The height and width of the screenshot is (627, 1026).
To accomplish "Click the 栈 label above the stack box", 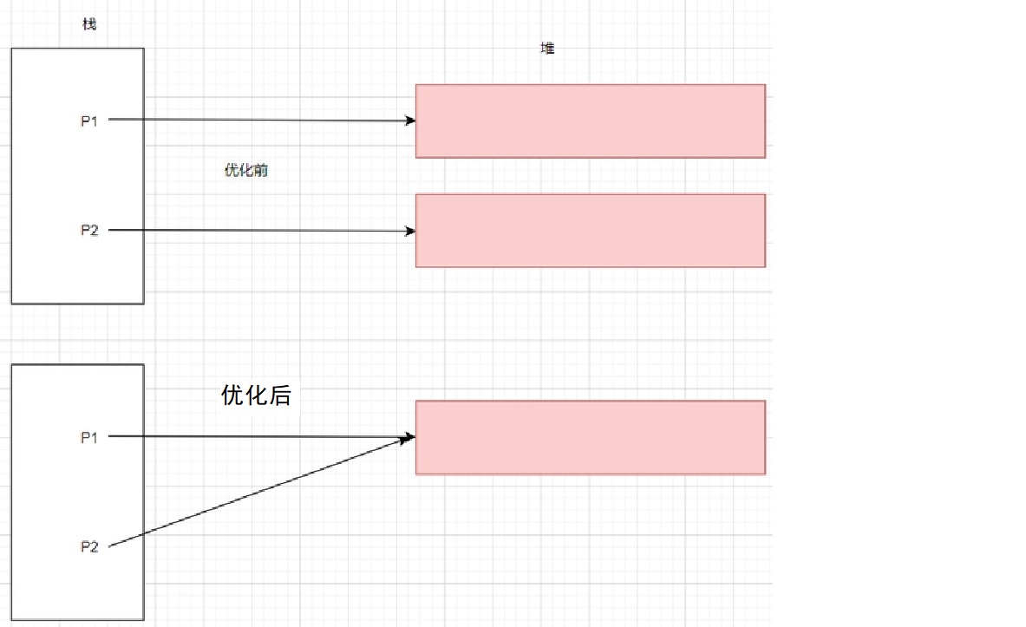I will (x=88, y=24).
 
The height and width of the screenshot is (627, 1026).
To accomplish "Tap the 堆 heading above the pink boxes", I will (x=547, y=49).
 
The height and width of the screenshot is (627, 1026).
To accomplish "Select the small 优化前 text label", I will (x=245, y=171).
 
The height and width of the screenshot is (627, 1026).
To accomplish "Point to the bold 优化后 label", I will (x=256, y=396).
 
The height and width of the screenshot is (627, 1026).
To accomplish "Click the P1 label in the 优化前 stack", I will (x=89, y=121).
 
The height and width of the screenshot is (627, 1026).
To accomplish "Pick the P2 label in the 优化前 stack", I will (x=89, y=231).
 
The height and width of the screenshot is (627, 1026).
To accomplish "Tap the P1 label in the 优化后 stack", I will (x=89, y=438).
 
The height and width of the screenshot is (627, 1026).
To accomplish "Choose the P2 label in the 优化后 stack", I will (x=89, y=546).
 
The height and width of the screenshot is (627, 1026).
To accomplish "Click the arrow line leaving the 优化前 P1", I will (x=260, y=121).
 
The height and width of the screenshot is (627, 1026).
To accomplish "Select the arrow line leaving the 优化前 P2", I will (x=260, y=231).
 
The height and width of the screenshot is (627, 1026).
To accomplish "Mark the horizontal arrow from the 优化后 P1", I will (x=260, y=437).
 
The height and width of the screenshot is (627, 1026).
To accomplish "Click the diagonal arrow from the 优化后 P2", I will (x=260, y=492).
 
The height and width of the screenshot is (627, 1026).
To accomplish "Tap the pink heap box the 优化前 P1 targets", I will (x=590, y=121).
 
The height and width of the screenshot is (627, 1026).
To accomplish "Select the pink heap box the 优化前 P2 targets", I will (x=590, y=231).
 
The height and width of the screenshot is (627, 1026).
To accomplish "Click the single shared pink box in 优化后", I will (x=590, y=438).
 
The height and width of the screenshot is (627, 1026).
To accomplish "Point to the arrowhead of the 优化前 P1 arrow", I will (x=410, y=121).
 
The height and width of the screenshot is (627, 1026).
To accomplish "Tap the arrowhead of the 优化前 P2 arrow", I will (x=410, y=231).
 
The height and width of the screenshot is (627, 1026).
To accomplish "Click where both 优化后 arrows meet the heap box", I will (x=409, y=439).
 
